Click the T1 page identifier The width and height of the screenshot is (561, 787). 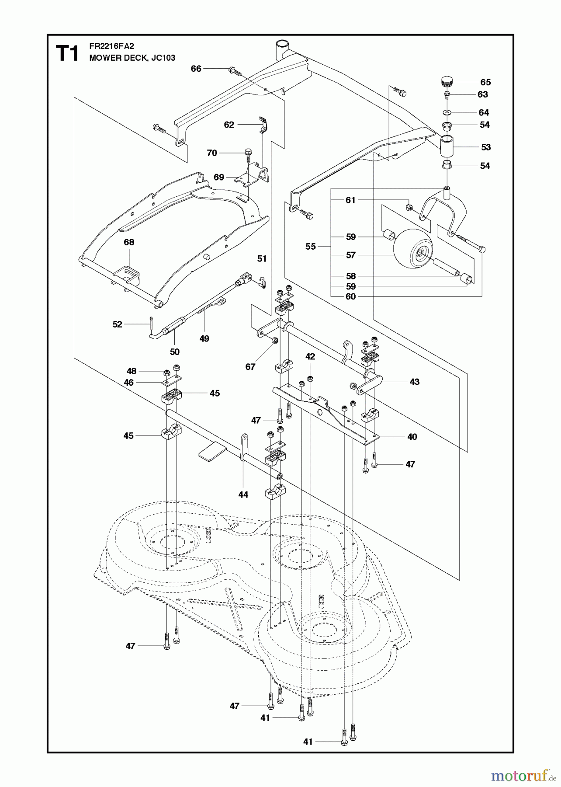[67, 54]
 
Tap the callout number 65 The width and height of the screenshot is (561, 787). [485, 82]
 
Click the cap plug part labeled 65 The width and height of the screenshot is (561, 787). [446, 82]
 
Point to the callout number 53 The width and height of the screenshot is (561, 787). [486, 147]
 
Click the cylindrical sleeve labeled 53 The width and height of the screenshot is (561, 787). [446, 146]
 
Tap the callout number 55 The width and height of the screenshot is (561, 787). [310, 247]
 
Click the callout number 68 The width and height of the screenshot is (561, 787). [129, 242]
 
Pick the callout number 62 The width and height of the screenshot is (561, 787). [229, 125]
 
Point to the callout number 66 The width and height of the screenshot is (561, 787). [196, 69]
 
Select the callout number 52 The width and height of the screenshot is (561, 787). [117, 324]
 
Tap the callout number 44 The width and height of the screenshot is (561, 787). [243, 494]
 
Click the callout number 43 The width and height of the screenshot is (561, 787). [414, 382]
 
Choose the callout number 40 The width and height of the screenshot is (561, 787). [412, 437]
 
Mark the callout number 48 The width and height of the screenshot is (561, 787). [132, 371]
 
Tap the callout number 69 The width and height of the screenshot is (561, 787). [219, 177]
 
